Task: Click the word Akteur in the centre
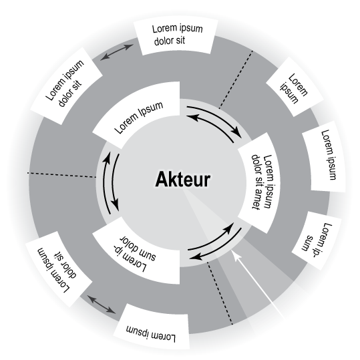[x=182, y=179]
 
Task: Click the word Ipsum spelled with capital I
[x=151, y=110]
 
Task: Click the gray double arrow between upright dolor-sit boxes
[x=117, y=52]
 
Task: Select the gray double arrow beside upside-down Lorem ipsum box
[x=102, y=305]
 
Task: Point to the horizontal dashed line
[x=61, y=175]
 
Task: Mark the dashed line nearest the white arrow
[x=220, y=293]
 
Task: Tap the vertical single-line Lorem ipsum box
[x=324, y=156]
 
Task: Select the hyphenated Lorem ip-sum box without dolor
[x=317, y=240]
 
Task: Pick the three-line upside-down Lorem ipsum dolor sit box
[x=59, y=269]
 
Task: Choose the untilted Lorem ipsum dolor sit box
[x=176, y=37]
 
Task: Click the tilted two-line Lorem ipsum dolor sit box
[x=66, y=85]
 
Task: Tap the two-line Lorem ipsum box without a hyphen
[x=295, y=87]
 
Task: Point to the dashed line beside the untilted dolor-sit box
[x=236, y=79]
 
